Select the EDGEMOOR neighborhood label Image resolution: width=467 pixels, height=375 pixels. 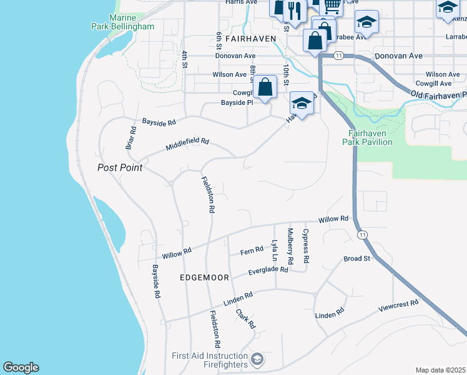(x=204, y=277)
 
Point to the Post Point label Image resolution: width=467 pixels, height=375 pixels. (x=120, y=167)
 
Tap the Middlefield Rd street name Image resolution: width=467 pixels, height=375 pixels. (x=187, y=144)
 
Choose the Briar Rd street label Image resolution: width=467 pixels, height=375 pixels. (x=130, y=137)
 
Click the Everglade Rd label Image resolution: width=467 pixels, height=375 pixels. (x=268, y=271)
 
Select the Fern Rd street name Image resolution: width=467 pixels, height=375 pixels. (x=252, y=252)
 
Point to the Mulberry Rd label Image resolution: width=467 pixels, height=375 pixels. (x=290, y=245)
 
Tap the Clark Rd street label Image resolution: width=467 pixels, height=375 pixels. (x=245, y=319)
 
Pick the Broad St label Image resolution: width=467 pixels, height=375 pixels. (x=357, y=258)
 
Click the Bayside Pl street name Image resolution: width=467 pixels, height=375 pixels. (x=236, y=102)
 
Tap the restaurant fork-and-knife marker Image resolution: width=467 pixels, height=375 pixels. (x=293, y=9)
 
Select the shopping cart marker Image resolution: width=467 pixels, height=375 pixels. (x=332, y=5)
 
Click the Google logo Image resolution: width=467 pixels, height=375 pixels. (x=21, y=367)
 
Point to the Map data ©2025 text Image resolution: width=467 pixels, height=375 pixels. (x=440, y=370)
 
